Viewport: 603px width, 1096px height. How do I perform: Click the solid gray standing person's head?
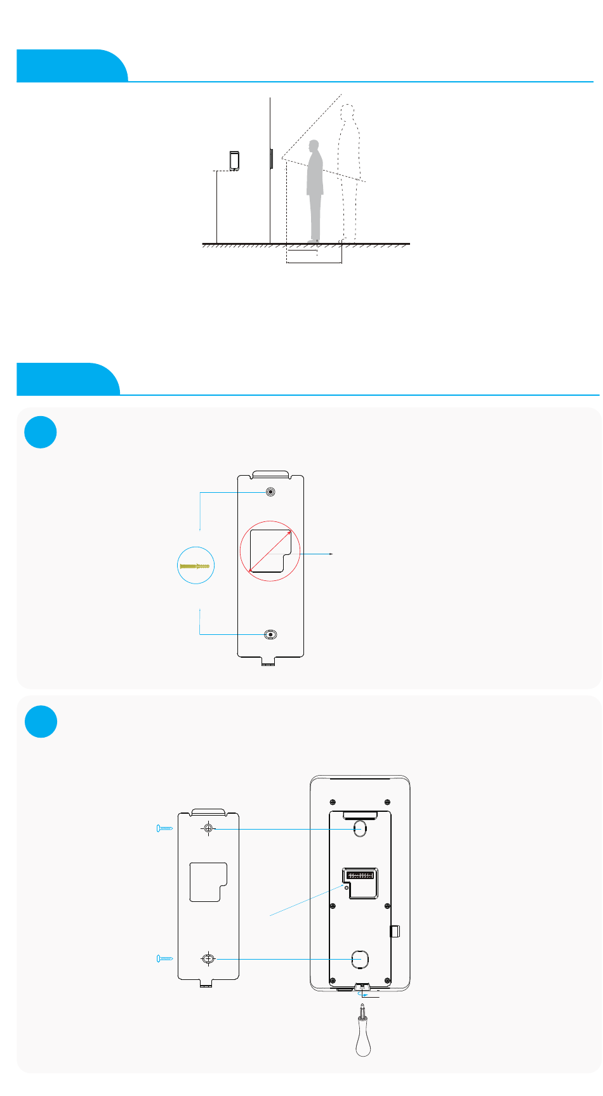[x=314, y=147]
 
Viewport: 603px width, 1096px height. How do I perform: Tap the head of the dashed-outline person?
[x=347, y=113]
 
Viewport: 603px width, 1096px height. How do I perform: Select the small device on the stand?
[x=234, y=160]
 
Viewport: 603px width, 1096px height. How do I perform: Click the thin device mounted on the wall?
[x=272, y=158]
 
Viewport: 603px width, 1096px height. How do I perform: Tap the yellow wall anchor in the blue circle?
[x=195, y=566]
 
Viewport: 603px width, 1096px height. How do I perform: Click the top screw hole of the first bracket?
[x=271, y=492]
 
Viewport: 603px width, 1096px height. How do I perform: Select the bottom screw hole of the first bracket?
[x=271, y=635]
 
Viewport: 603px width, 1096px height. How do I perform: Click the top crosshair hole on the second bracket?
[x=208, y=828]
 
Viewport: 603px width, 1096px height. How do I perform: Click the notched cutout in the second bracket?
[x=208, y=882]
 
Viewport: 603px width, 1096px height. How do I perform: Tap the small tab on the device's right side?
[x=394, y=931]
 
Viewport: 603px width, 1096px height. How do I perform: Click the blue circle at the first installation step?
[x=41, y=432]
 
